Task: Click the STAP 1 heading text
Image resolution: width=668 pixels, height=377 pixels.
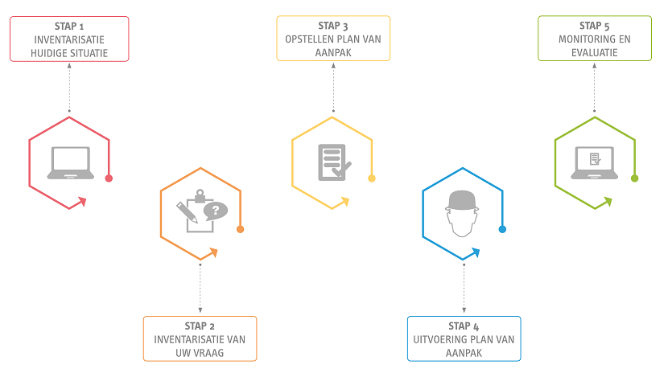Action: coord(69,26)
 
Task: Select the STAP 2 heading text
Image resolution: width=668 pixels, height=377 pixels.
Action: coord(200,326)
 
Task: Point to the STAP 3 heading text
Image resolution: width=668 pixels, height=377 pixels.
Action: coord(332,26)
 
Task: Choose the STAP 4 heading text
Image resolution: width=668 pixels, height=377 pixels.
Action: coord(464,326)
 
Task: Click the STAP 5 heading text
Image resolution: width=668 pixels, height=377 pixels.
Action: coord(594,26)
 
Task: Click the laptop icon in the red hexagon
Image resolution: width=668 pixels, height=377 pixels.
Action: coord(70,163)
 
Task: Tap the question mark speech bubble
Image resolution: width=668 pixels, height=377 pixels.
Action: coord(216,211)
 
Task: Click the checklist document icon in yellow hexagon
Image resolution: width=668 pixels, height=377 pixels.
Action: coord(332,162)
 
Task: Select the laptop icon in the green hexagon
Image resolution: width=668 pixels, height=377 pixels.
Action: coord(595,162)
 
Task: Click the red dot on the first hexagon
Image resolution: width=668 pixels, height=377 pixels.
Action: coord(109,178)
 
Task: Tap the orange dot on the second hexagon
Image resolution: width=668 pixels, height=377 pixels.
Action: coord(240,230)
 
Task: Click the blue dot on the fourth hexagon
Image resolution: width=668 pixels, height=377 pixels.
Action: coord(502,229)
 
